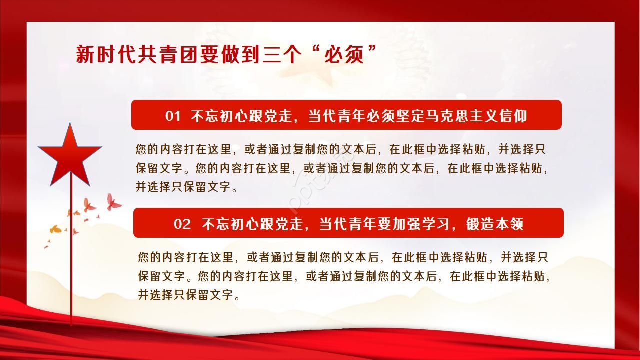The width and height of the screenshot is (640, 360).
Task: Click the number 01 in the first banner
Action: click(173, 116)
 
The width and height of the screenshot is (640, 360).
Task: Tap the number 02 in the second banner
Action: click(182, 224)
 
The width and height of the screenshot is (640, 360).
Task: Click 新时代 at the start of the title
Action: click(98, 54)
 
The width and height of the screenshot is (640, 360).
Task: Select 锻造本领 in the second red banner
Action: click(495, 224)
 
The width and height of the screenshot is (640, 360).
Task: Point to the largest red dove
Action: click(113, 202)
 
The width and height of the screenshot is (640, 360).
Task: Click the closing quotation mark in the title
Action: click(372, 50)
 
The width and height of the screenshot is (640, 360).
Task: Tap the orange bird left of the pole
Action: click(55, 229)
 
